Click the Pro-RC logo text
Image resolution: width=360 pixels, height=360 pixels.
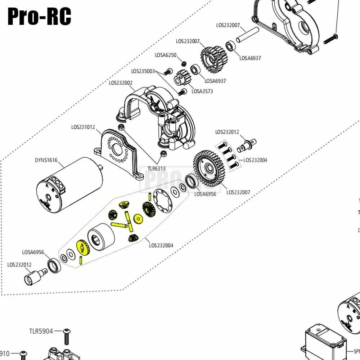[x=39, y=16]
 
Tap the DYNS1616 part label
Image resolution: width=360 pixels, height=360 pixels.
[x=46, y=161]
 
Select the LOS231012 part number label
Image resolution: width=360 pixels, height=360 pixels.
[x=83, y=127]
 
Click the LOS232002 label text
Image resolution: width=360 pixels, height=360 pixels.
[x=121, y=83]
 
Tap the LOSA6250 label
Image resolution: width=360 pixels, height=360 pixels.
[x=166, y=55]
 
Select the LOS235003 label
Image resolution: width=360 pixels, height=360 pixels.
[x=143, y=71]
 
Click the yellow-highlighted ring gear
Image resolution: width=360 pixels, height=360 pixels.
[x=83, y=248]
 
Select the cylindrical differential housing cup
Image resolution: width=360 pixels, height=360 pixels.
[x=101, y=237]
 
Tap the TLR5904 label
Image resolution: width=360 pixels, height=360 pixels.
[x=41, y=331]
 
